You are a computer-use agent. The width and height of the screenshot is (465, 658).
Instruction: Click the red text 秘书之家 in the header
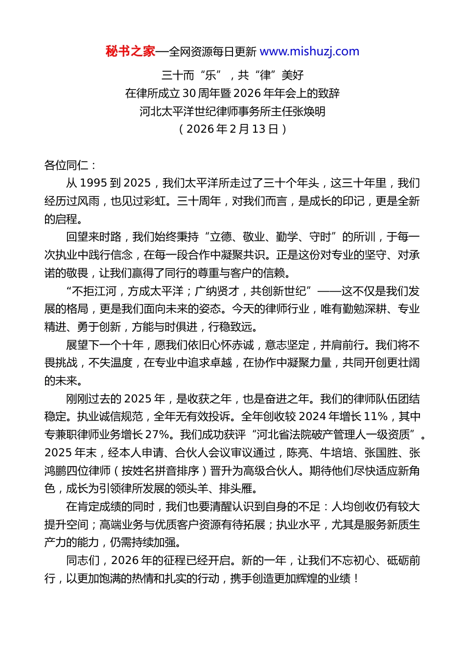(130, 51)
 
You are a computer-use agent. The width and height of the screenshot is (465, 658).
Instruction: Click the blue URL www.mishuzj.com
(309, 51)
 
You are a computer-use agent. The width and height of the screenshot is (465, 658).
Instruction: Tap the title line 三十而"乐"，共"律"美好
(232, 75)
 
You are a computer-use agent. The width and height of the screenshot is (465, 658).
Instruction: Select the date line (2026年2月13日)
(232, 129)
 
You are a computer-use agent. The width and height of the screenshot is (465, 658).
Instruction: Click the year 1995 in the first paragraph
(93, 183)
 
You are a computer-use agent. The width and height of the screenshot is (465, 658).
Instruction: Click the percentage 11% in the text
(376, 417)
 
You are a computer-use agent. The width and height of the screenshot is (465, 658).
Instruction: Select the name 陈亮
(298, 453)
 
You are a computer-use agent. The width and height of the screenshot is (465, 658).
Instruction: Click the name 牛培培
(336, 453)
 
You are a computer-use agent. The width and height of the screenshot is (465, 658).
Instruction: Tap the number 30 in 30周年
(189, 93)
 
